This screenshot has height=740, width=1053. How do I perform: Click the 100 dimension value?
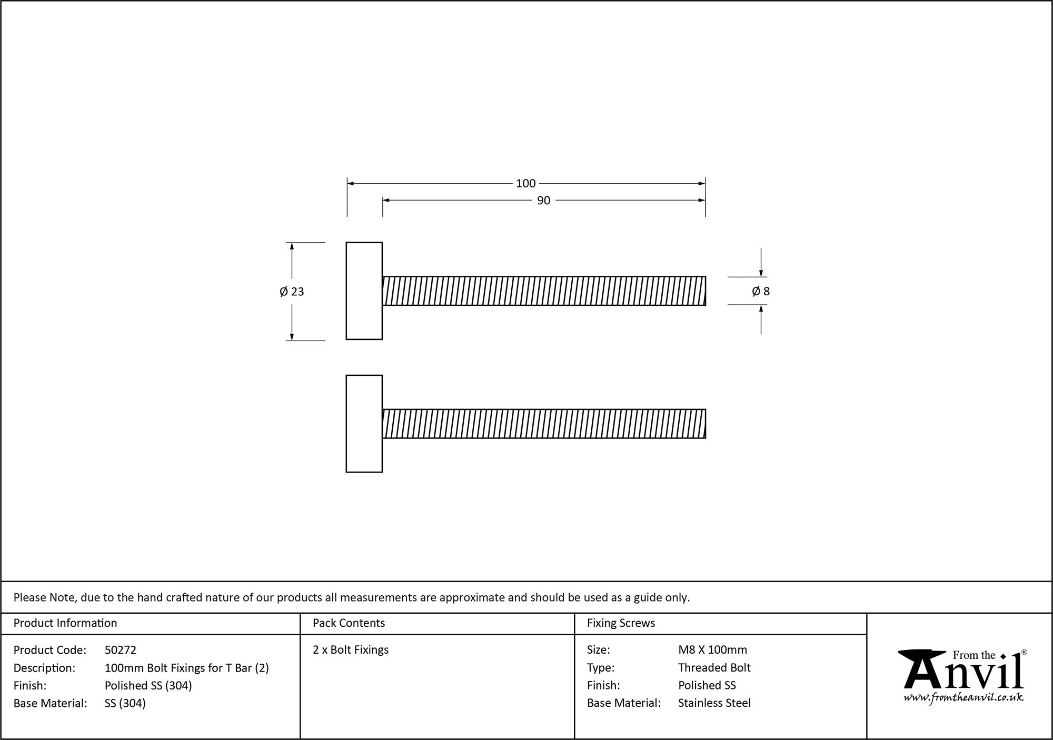click(x=525, y=183)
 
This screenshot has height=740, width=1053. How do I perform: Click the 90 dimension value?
click(x=543, y=201)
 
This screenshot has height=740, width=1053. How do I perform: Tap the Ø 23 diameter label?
click(x=292, y=292)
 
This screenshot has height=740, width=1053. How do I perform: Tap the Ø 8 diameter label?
click(x=761, y=292)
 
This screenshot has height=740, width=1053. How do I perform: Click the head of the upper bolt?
click(x=364, y=291)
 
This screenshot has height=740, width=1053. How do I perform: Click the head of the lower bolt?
click(x=364, y=424)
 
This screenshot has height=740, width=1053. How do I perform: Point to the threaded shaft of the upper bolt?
click(x=543, y=291)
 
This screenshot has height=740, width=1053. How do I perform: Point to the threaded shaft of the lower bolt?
click(x=543, y=424)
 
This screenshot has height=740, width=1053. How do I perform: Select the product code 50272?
click(x=121, y=650)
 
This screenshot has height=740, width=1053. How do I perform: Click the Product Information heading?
click(x=65, y=623)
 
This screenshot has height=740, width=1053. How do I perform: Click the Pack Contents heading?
click(x=349, y=623)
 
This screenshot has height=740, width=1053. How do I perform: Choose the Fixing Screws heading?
click(x=621, y=623)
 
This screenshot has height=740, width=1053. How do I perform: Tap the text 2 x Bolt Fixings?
click(x=351, y=650)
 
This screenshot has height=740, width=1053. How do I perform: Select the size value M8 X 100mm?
click(x=712, y=650)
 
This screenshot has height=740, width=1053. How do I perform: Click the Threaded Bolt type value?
click(x=714, y=668)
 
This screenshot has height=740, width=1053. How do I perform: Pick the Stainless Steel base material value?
click(x=714, y=703)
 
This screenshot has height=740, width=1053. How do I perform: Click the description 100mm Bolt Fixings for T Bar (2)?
click(x=186, y=668)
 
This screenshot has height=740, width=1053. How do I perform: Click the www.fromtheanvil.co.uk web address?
click(x=963, y=698)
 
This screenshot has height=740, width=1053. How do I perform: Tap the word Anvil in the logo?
click(x=963, y=674)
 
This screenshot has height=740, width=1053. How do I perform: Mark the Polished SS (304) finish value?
click(x=148, y=685)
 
